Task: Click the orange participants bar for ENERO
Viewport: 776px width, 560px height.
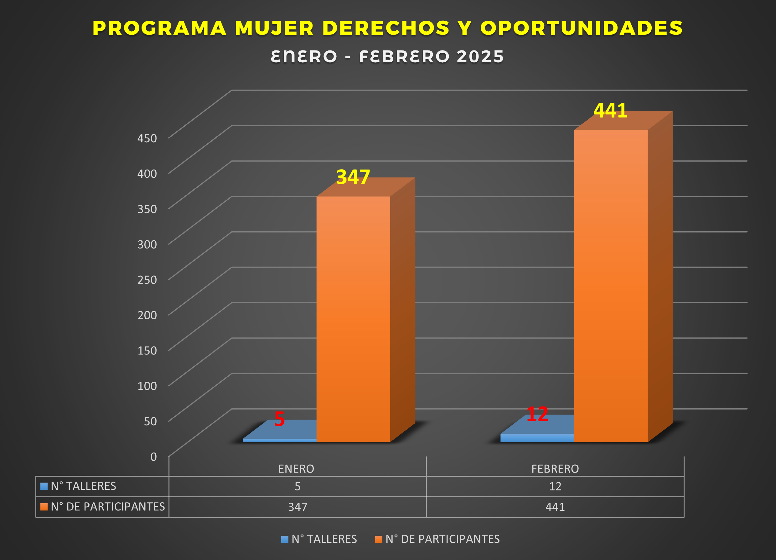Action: [x=353, y=318]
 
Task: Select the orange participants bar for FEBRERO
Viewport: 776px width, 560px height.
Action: [x=611, y=286]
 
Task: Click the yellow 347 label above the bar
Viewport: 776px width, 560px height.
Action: [x=353, y=177]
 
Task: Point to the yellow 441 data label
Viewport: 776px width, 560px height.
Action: [x=610, y=111]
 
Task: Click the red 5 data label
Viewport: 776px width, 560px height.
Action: [x=280, y=419]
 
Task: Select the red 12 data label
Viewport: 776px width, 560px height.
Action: [x=537, y=414]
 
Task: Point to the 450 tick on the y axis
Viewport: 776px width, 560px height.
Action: [x=147, y=138]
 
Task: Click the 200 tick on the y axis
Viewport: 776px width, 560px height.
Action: [x=147, y=315]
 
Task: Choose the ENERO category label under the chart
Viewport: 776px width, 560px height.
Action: [x=296, y=468]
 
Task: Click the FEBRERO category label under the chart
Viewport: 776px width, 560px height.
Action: [x=555, y=468]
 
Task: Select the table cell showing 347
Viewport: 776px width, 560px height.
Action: [x=298, y=507]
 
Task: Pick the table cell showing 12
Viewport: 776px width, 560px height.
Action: [x=555, y=486]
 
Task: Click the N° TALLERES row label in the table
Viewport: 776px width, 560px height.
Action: [x=83, y=486]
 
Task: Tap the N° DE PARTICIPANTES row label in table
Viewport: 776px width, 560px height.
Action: [x=107, y=507]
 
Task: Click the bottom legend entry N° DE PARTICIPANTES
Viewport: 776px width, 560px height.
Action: [x=442, y=539]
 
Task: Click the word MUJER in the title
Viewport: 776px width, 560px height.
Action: [x=274, y=28]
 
